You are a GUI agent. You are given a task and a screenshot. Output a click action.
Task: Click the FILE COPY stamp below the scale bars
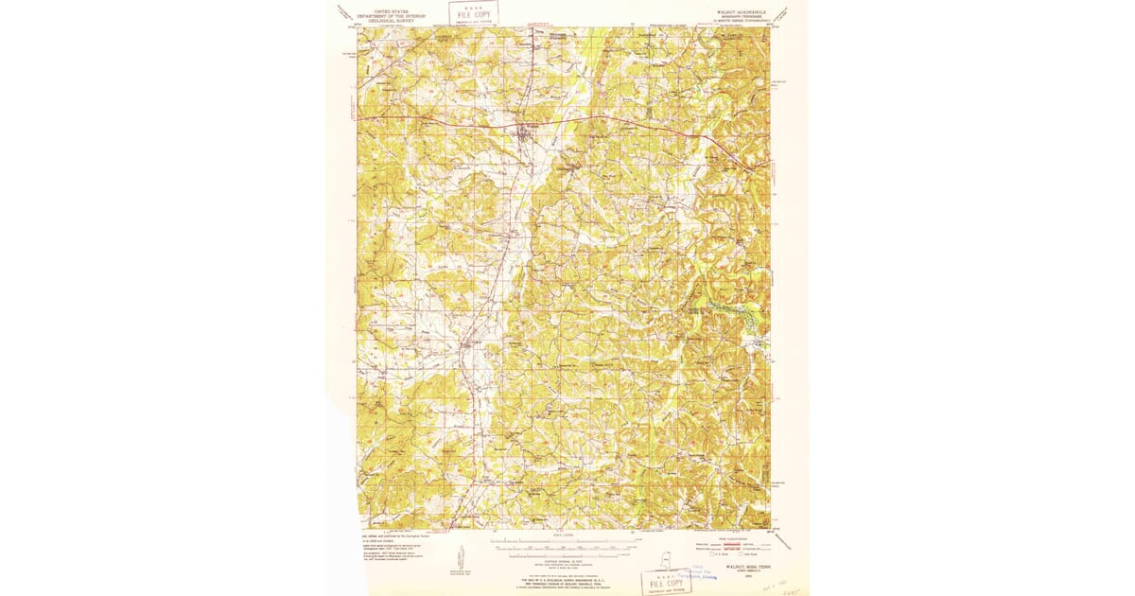(666, 582)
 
